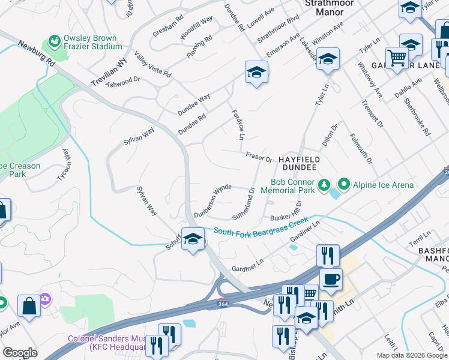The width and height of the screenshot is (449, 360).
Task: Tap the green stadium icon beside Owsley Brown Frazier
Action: [53, 40]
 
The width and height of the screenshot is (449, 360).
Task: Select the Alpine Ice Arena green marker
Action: [344, 184]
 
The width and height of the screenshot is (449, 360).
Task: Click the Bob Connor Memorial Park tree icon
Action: [324, 184]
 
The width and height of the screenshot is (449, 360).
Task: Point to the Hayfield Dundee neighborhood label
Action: [298, 164]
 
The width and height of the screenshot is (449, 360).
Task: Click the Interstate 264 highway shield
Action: [223, 303]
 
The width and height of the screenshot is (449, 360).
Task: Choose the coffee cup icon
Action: [330, 278]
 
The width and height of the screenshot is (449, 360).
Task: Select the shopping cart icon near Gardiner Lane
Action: [397, 58]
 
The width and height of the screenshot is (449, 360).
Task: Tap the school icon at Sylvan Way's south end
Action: [193, 239]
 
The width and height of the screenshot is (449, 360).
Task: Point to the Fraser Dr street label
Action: [259, 157]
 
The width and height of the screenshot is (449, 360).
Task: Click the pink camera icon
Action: [45, 298]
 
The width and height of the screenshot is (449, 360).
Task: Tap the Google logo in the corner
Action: [20, 353]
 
